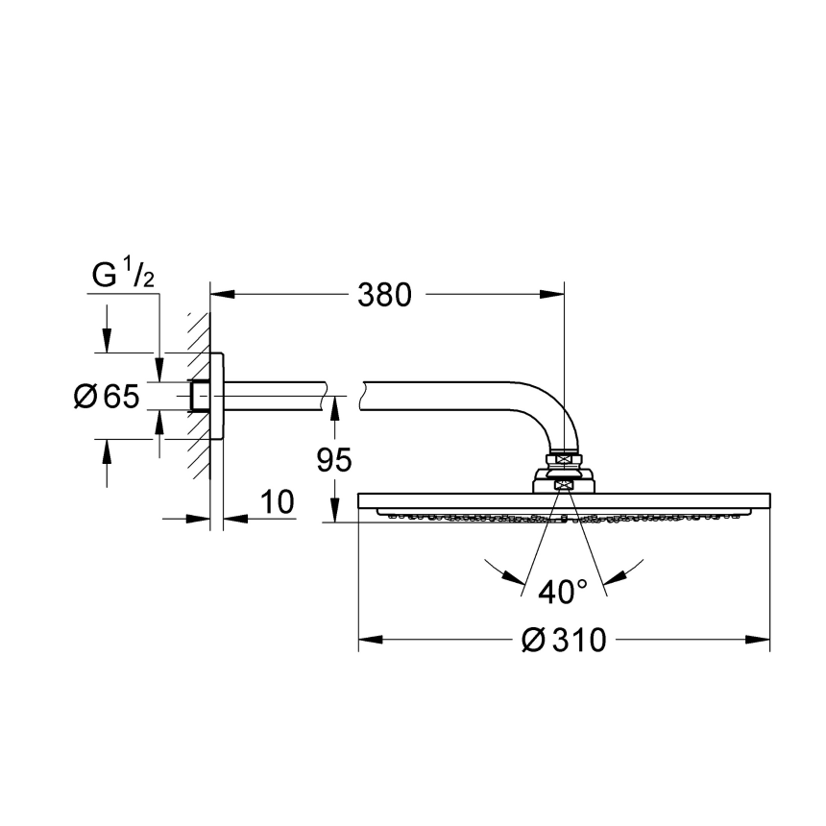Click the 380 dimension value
coord(384,295)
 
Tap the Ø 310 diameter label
coord(564,640)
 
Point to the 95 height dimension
coord(334,459)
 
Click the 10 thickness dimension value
coord(278,501)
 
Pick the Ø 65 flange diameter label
coord(107,396)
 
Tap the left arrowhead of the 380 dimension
coord(222,294)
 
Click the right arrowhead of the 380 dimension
coord(552,294)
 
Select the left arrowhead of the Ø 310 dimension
coord(371,640)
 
